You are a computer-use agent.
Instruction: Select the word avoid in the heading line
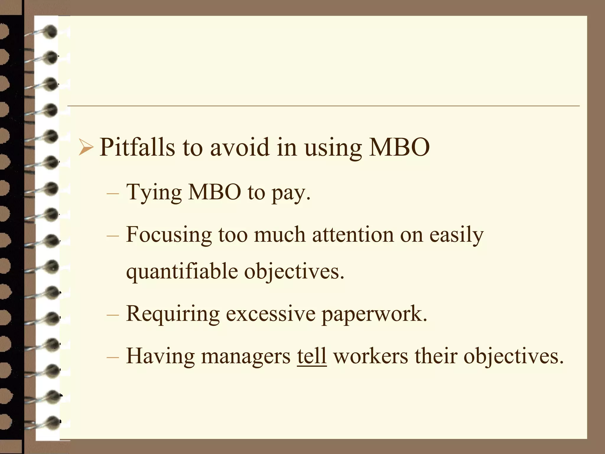tap(240, 147)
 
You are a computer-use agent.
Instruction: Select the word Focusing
tap(169, 235)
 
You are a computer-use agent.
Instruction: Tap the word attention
tap(353, 235)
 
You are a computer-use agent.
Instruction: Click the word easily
tap(456, 235)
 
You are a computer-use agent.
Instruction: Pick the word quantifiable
tap(182, 271)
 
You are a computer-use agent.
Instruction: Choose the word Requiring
tap(173, 314)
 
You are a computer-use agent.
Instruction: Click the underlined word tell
tap(312, 356)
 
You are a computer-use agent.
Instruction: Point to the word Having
tap(160, 356)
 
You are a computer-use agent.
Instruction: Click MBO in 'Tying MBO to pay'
tap(214, 192)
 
